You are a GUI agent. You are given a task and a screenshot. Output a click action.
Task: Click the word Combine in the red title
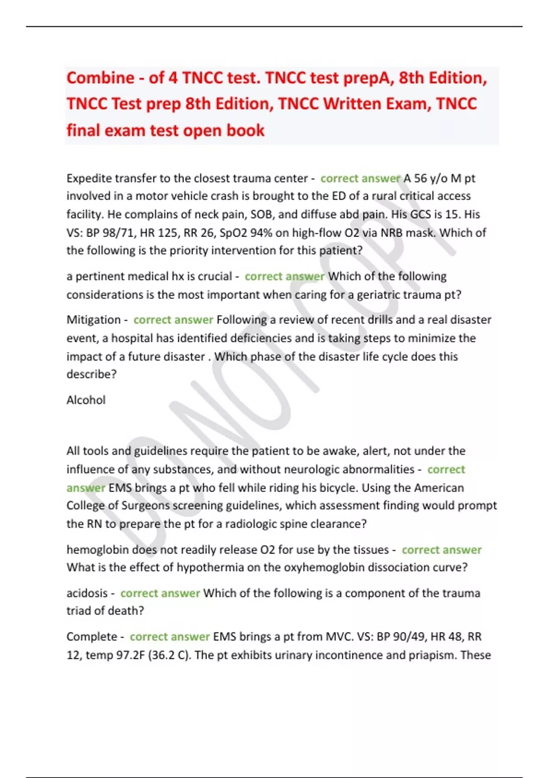click(x=100, y=78)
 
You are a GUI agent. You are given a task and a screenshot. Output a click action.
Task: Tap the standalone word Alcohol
click(x=86, y=400)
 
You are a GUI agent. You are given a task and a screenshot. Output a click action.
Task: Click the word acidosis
click(x=87, y=593)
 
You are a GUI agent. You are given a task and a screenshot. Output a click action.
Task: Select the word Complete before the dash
click(x=91, y=637)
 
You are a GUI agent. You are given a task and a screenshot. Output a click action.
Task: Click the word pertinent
click(x=99, y=276)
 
